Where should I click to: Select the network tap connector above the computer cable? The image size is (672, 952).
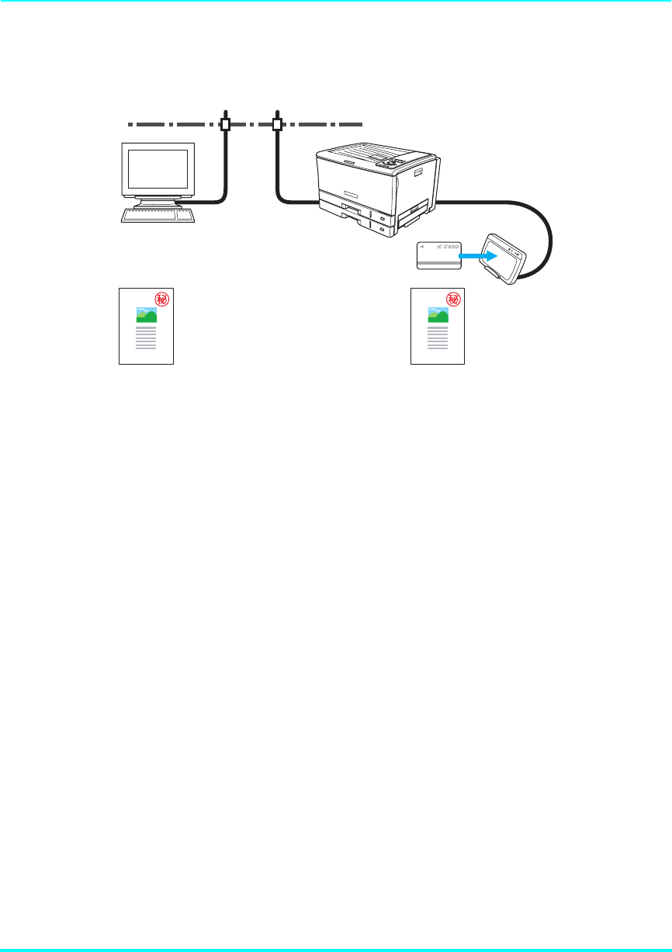tap(226, 124)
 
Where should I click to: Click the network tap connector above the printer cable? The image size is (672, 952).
tap(277, 124)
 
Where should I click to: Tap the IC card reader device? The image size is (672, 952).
tap(502, 258)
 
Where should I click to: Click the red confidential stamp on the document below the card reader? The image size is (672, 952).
tap(454, 299)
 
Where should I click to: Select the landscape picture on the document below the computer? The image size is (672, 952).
tap(147, 313)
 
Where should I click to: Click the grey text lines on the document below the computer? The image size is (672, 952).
tap(146, 338)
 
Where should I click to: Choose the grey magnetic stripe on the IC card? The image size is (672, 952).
tap(439, 264)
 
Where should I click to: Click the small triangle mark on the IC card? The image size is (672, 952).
tap(422, 248)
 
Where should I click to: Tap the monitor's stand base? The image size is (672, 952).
tap(158, 203)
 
